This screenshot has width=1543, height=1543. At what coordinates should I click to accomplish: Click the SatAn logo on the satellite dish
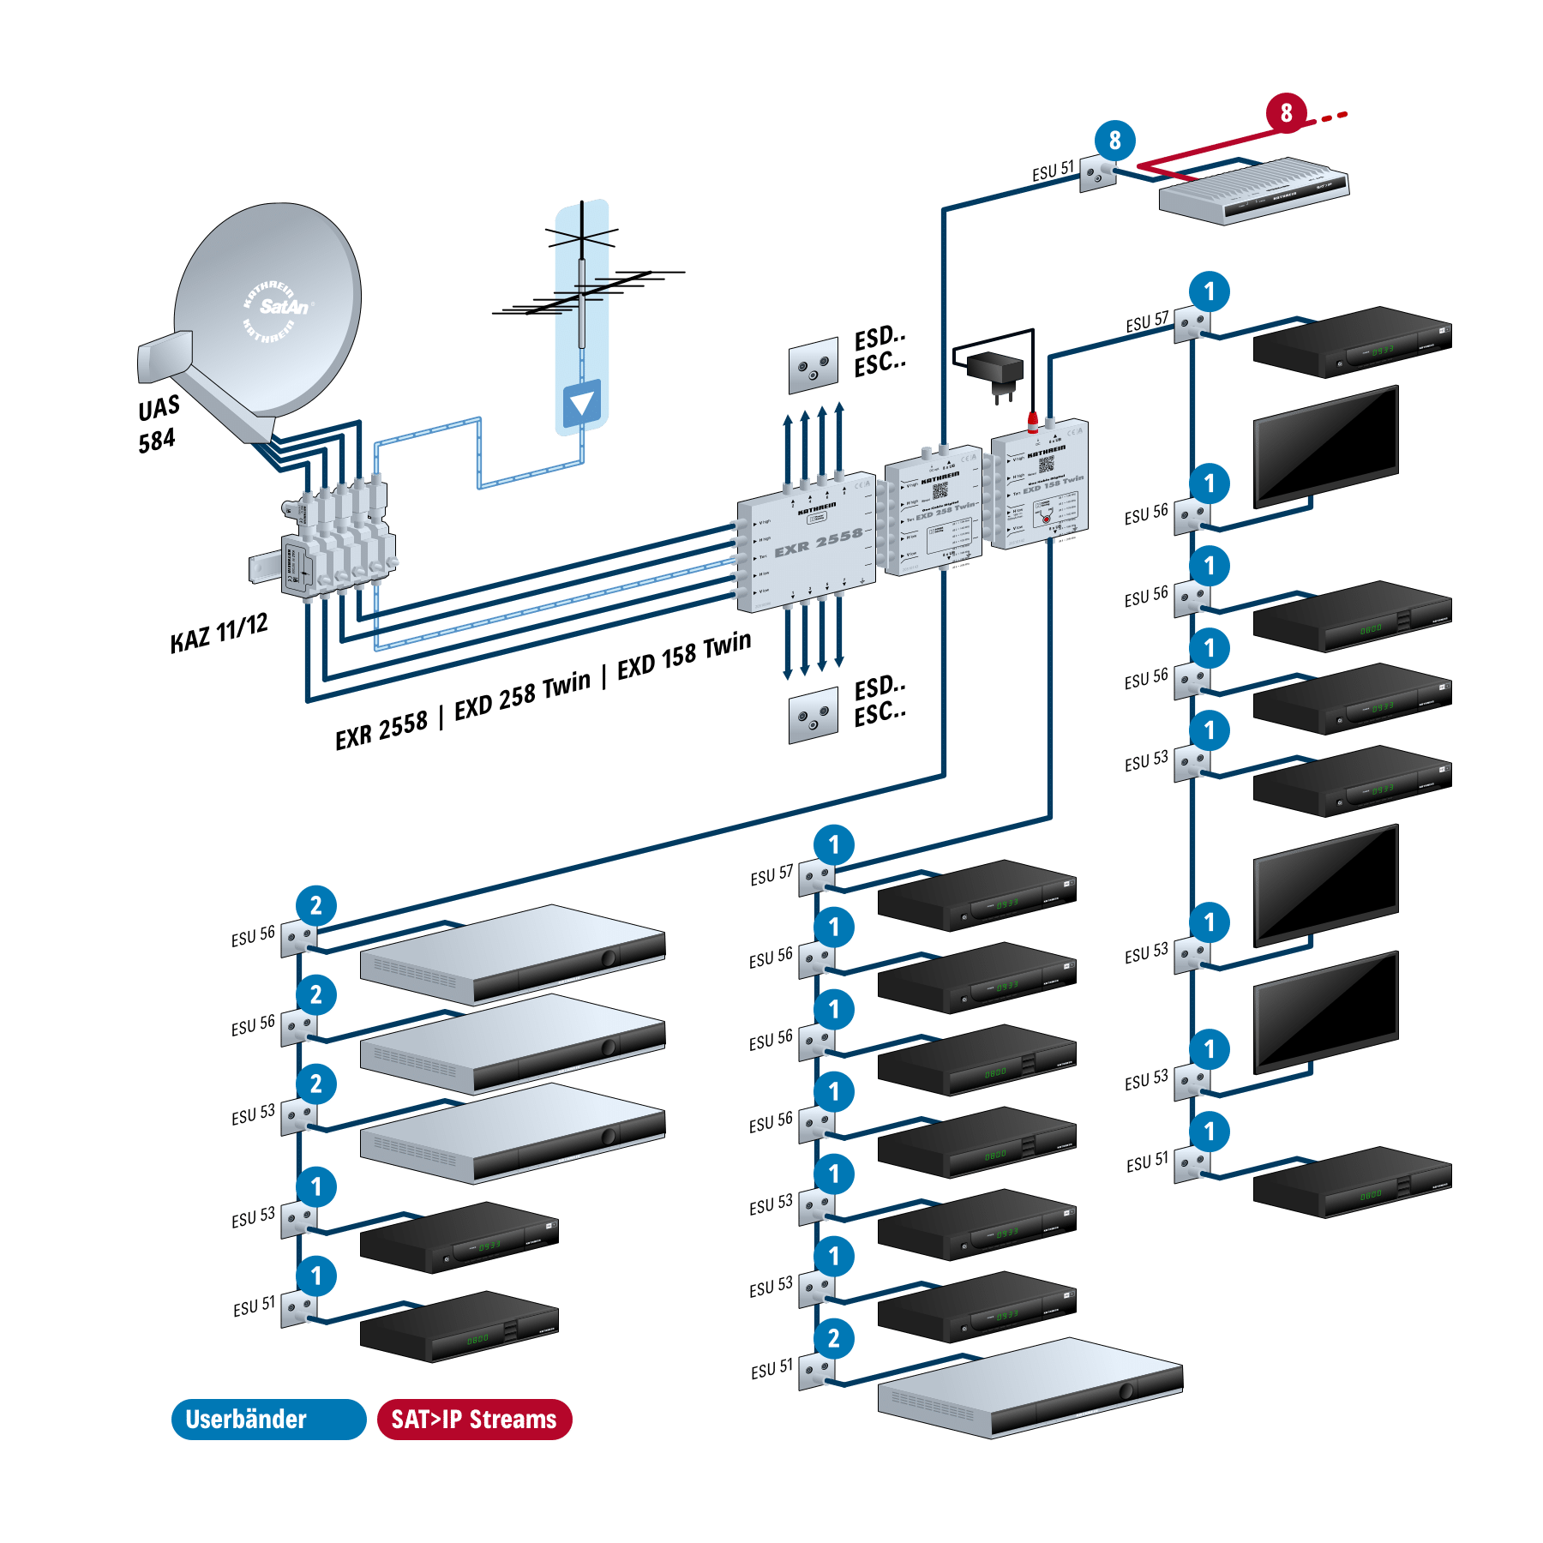click(283, 306)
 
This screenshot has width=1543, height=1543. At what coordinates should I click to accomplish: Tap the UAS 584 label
click(158, 423)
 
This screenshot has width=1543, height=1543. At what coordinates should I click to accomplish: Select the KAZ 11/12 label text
click(219, 633)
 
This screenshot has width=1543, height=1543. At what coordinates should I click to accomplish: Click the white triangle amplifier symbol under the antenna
click(582, 403)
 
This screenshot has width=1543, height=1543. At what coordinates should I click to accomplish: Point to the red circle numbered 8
click(1286, 112)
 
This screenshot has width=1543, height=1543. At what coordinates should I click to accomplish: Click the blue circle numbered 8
click(1114, 141)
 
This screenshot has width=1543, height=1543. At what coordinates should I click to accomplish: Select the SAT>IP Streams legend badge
click(474, 1420)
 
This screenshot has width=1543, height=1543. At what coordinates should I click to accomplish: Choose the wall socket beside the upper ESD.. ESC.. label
click(813, 366)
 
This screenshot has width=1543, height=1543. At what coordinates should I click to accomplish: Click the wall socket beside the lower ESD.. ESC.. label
click(813, 715)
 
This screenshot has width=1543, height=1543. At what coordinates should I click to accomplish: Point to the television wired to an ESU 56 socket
click(1325, 446)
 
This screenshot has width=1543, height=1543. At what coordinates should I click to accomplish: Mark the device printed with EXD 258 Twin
click(934, 510)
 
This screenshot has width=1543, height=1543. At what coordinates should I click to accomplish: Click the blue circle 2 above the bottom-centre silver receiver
click(834, 1338)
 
